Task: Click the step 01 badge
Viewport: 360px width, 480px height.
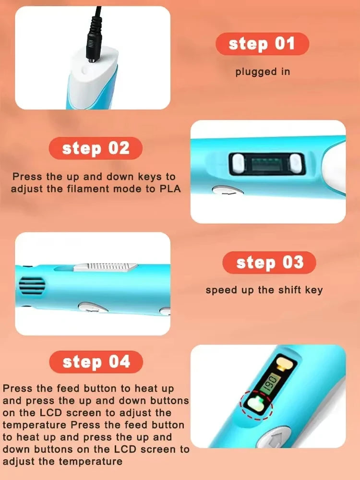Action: [x=263, y=44]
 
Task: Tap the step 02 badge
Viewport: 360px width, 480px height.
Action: [x=96, y=148]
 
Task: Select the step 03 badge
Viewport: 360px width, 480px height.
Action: [x=269, y=263]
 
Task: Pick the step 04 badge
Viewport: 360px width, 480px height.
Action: [x=96, y=362]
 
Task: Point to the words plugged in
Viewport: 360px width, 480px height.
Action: [x=263, y=72]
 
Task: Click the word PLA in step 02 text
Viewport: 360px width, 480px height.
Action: [x=170, y=189]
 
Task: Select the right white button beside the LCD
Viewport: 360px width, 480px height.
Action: [x=296, y=164]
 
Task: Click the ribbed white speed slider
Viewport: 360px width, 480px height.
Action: [x=106, y=267]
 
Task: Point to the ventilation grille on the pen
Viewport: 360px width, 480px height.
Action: [x=32, y=286]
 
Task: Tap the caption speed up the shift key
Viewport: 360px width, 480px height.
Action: [x=264, y=290]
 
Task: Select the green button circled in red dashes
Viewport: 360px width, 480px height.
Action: [x=256, y=404]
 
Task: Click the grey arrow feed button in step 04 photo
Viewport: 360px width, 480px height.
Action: [x=274, y=437]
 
